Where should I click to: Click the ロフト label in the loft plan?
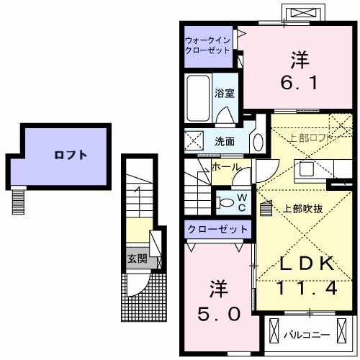(71, 154)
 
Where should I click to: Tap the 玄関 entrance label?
(136, 258)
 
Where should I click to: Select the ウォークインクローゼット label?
(207, 46)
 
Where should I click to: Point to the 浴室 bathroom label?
(224, 92)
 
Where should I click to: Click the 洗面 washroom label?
(225, 141)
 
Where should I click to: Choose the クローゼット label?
(217, 230)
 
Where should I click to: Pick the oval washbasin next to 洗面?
(257, 141)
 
